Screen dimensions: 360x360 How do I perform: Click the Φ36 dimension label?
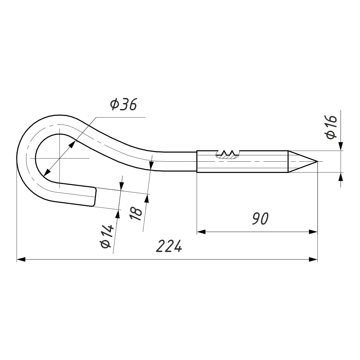[123, 104]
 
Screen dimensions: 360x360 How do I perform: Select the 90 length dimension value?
[260, 219]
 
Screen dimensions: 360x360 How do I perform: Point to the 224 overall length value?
[169, 246]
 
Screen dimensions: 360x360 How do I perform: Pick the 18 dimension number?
[136, 214]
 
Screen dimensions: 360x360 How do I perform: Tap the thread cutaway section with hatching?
[228, 155]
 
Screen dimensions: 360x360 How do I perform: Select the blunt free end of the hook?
[94, 197]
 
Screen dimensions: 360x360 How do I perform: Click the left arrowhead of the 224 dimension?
[21, 259]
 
